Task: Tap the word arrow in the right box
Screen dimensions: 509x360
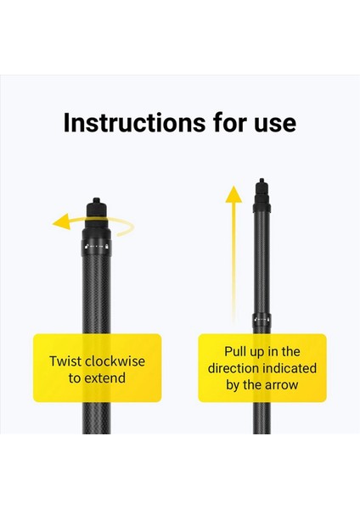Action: (280, 386)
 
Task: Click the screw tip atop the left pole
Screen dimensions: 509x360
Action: (96, 203)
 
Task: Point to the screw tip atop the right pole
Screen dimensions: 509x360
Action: (262, 182)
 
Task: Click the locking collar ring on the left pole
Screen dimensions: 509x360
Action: (95, 248)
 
